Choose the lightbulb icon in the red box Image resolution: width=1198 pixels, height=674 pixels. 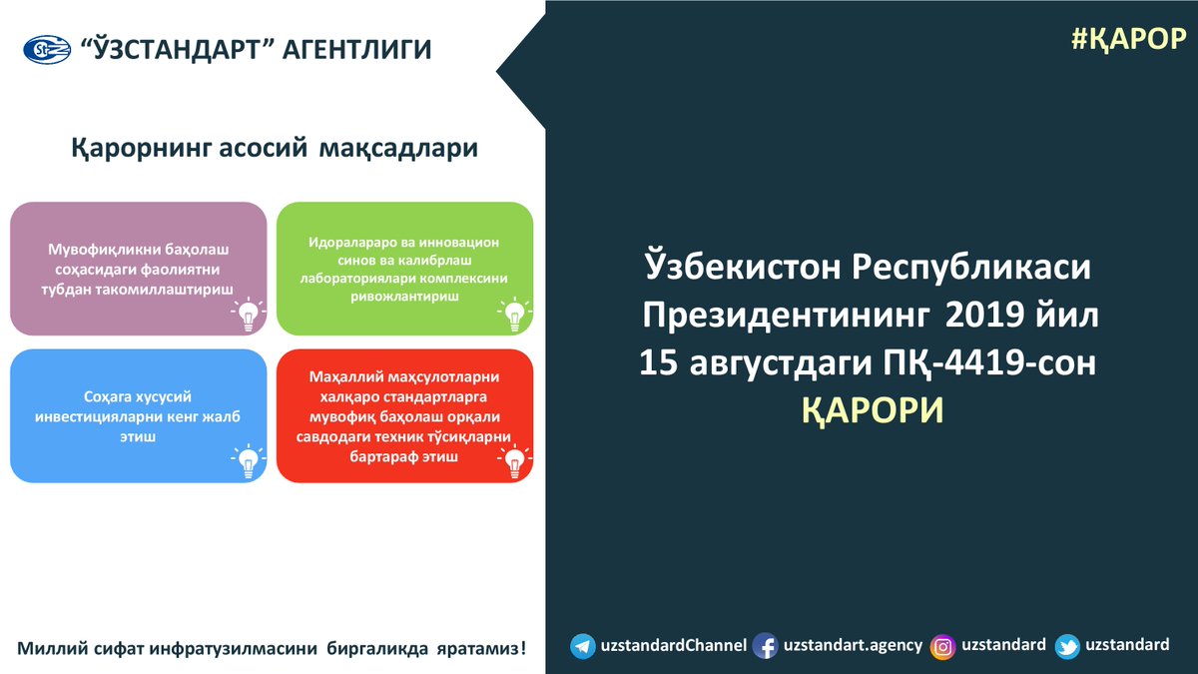pyautogui.click(x=512, y=461)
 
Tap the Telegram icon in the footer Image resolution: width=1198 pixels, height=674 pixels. pyautogui.click(x=583, y=646)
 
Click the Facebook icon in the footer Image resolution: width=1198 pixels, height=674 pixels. pyautogui.click(x=765, y=646)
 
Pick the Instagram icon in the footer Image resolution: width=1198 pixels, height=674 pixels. pyautogui.click(x=942, y=646)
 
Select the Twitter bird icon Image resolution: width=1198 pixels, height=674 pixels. pyautogui.click(x=1067, y=646)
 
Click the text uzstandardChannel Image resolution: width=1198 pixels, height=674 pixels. pyautogui.click(x=673, y=646)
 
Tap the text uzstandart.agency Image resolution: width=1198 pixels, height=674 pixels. pyautogui.click(x=853, y=646)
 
